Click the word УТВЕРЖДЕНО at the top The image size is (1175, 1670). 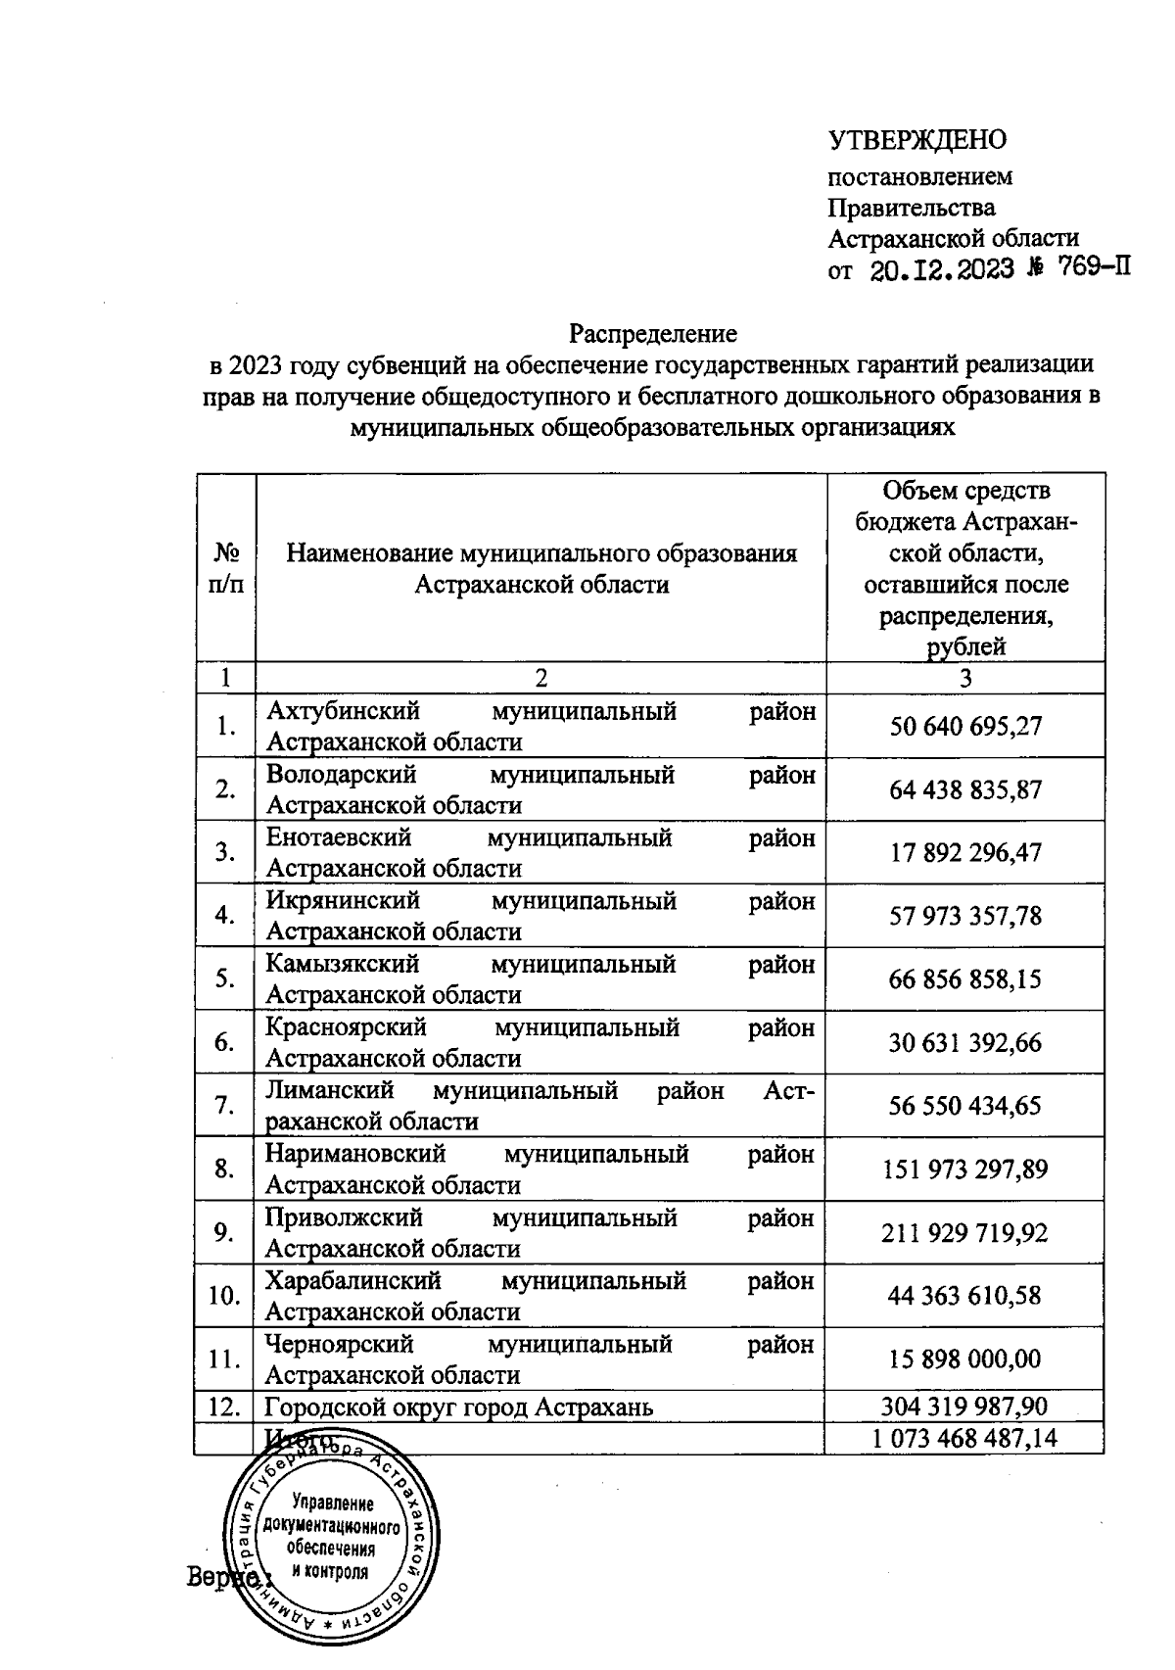917,140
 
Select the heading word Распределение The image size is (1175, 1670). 653,333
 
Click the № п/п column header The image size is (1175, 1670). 225,568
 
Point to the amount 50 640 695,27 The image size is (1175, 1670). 965,726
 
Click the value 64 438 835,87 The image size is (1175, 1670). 965,789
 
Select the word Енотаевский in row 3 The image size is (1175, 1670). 339,837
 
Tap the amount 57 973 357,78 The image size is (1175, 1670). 965,916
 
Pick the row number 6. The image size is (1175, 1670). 225,1042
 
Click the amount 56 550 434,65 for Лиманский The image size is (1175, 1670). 965,1106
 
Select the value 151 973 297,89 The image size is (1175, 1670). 965,1169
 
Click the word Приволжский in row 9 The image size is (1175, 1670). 344,1217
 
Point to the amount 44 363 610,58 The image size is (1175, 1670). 965,1296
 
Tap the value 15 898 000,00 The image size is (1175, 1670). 965,1359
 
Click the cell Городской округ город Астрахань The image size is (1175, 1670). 459,1408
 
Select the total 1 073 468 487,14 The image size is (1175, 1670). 965,1438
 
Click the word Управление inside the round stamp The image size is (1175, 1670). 333,1503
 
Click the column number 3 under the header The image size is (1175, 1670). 965,678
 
